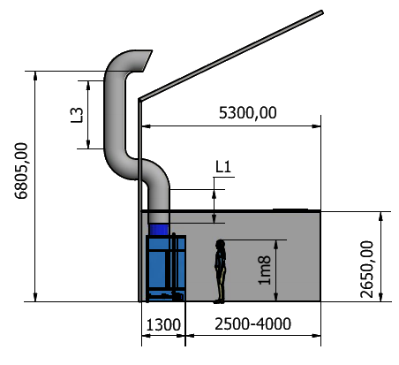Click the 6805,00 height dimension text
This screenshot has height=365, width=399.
(21, 171)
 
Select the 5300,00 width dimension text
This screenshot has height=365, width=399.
(248, 113)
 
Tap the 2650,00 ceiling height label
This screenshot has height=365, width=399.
(366, 270)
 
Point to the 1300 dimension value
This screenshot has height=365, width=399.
(163, 325)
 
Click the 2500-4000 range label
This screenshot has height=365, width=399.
(253, 324)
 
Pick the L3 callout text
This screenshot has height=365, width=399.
(77, 115)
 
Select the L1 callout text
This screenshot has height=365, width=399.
(223, 167)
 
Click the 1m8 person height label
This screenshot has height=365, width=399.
(264, 270)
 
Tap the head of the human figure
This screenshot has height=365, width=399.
(220, 244)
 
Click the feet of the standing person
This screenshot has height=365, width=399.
(219, 301)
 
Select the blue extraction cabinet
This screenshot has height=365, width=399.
(166, 268)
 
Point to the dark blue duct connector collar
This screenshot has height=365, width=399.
(159, 230)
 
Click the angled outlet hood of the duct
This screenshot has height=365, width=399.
(145, 60)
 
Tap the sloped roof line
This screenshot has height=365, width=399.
(231, 56)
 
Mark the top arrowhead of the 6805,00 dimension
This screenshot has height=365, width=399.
(35, 76)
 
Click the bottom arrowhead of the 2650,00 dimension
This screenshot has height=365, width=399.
(380, 297)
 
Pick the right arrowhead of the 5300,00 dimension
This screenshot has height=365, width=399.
(316, 126)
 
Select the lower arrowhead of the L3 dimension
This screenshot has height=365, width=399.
(88, 144)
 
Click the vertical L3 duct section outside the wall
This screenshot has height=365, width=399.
(115, 115)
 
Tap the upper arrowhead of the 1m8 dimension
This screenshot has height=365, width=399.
(276, 245)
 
